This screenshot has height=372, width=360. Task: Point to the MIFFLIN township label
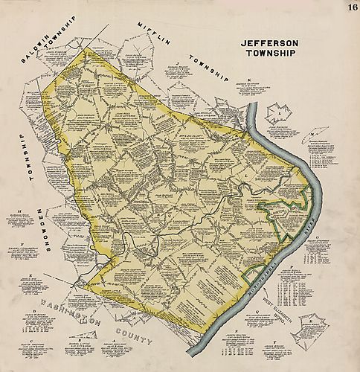(x=151, y=34)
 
